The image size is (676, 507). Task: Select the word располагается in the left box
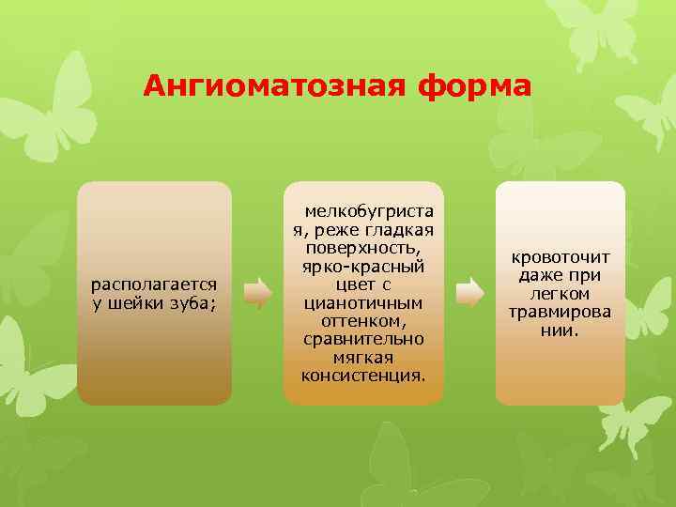point(154,284)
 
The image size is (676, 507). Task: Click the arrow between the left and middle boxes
point(256,293)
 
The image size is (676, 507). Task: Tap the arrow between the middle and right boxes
point(469,293)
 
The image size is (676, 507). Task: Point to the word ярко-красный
point(363,267)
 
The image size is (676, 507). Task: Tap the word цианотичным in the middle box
point(363,302)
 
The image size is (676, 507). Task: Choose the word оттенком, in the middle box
point(363,320)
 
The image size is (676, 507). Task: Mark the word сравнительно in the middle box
point(363,338)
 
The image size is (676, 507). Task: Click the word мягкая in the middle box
point(363,357)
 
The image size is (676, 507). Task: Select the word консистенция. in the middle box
point(363,375)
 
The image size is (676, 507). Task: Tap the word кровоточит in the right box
point(560,256)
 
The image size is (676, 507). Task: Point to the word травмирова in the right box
point(560,312)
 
